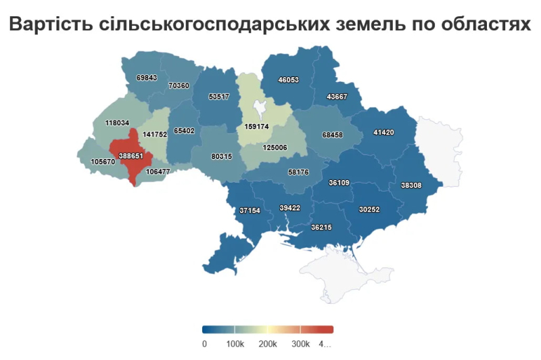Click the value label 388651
click(x=131, y=155)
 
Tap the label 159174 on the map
click(x=256, y=127)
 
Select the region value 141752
click(x=155, y=135)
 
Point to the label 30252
click(x=369, y=210)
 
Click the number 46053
click(x=288, y=80)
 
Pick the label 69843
click(x=146, y=78)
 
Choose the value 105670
click(x=103, y=162)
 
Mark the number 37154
click(x=250, y=210)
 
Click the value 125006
click(x=275, y=148)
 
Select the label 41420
click(x=383, y=132)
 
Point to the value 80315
click(x=221, y=156)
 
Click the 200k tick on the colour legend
click(x=268, y=344)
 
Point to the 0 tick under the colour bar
click(x=205, y=344)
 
